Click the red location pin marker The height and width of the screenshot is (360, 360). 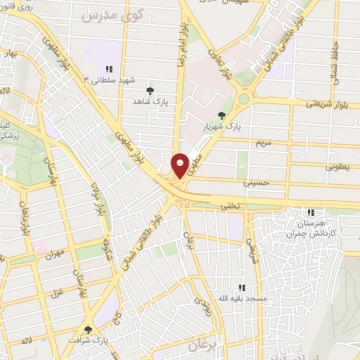pyautogui.click(x=180, y=165)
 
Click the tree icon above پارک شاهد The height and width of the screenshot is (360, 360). pyautogui.click(x=149, y=91)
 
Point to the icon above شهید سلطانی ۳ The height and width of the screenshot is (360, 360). pyautogui.click(x=109, y=69)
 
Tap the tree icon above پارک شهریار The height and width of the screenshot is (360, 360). pyautogui.click(x=223, y=115)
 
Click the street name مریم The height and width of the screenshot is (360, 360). pyautogui.click(x=262, y=143)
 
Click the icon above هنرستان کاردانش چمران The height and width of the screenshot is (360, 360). pyautogui.click(x=311, y=213)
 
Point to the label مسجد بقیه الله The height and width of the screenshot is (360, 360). pyautogui.click(x=243, y=298)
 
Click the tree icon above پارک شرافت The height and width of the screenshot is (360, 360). pyautogui.click(x=88, y=330)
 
